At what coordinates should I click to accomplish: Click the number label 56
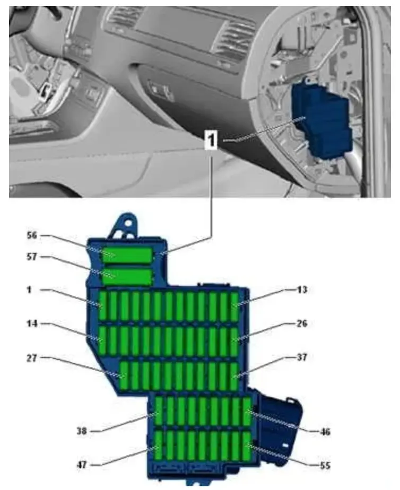pos(32,235)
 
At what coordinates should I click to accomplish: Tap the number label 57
pos(32,257)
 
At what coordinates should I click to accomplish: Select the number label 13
pos(301,290)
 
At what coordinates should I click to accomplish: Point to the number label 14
pos(32,323)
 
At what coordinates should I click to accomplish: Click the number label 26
pos(301,323)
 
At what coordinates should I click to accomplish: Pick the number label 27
pos(32,358)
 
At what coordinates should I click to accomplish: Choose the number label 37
pos(301,357)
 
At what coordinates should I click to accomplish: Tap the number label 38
pos(82,431)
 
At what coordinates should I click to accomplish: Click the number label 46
pos(325,432)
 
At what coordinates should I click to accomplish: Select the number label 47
pos(82,465)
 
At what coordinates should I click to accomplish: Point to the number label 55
pos(325,466)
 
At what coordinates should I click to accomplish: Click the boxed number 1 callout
pos(212,139)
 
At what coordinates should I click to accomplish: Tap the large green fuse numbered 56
pos(127,255)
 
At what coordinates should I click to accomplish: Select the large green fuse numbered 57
pos(127,277)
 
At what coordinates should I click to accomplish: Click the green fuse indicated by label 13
pos(235,306)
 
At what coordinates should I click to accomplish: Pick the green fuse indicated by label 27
pos(124,376)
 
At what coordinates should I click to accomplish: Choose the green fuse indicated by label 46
pos(247,412)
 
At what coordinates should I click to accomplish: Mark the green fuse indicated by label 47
pos(159,445)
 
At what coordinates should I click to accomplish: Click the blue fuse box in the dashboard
pos(321,119)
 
